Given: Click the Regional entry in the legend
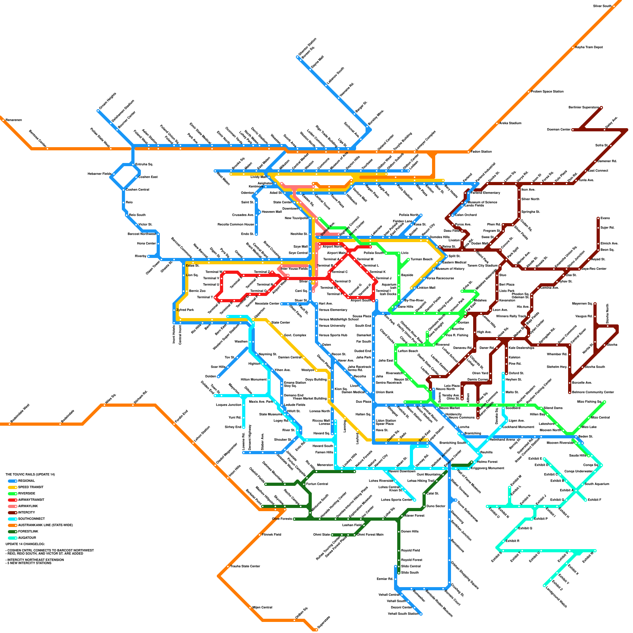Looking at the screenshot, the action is coord(27,481).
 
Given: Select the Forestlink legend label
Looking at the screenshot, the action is coord(28,531).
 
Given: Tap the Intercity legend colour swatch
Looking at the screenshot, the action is coord(12,512).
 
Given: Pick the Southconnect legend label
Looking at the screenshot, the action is coord(31,519).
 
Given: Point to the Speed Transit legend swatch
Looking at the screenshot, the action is coord(12,487).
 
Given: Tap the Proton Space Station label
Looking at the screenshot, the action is coord(547,91).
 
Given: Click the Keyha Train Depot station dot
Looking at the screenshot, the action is coord(573,47).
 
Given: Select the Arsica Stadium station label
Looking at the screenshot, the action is coord(510,123).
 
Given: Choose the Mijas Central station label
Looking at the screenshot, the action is coord(262,607).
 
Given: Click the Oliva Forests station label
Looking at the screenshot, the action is coord(282,519).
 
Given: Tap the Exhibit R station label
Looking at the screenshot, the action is coord(512,541).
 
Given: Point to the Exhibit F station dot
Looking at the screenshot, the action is coord(586,500).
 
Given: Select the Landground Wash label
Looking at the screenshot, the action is coord(556,597).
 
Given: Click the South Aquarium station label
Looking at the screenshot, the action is coord(597,484).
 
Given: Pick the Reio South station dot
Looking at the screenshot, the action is coord(127,215).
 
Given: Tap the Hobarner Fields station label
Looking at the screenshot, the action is coord(99,174).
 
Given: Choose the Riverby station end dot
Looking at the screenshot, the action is coord(149,256).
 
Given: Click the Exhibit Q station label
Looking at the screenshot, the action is coord(525,528).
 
